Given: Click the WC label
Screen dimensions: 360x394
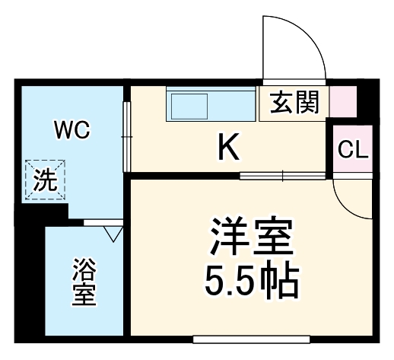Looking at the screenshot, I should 71,129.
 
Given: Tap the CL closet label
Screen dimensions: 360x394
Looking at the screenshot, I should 352,149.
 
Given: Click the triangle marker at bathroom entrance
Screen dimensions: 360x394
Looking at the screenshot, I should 114,233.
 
